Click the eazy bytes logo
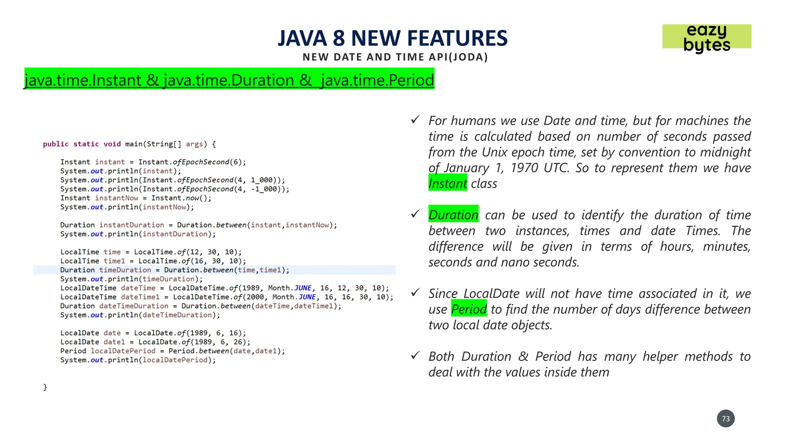707,38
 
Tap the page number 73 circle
725,419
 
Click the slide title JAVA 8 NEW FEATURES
393,38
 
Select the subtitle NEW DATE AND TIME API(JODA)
395,57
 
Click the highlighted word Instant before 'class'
447,183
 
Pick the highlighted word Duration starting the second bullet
453,215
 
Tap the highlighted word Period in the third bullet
469,309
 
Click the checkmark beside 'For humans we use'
415,120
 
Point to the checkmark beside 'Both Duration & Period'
415,355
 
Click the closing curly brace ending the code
45,387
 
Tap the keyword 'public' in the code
56,144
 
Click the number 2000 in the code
256,297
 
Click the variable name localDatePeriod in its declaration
123,351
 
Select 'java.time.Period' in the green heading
377,80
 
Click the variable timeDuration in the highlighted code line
125,270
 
